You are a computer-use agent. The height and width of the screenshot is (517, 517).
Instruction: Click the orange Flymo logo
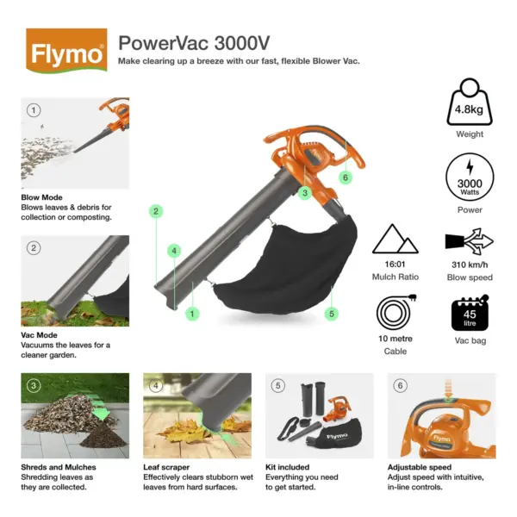[x=66, y=51]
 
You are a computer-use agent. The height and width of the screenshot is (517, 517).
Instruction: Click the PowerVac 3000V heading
[x=194, y=43]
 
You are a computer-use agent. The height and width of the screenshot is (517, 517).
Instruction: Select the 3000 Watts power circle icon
[x=470, y=177]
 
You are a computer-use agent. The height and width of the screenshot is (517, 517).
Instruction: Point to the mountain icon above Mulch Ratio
[x=395, y=239]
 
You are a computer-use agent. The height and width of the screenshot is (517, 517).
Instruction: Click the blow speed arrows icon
[x=470, y=241]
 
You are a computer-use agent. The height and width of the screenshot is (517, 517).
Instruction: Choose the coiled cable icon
[x=396, y=311]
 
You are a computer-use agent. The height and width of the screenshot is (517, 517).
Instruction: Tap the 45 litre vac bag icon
[x=470, y=313]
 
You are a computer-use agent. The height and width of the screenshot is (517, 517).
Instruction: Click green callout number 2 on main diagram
[x=156, y=211]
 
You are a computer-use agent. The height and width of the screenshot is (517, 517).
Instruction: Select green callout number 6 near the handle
[x=346, y=178]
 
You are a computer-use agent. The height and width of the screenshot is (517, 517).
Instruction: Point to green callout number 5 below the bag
[x=332, y=314]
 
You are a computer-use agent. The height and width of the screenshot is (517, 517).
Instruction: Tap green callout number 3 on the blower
[x=305, y=193]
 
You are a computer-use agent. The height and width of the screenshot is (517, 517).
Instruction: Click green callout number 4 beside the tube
[x=174, y=251]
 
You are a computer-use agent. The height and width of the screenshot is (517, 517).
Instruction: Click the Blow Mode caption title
[x=42, y=197]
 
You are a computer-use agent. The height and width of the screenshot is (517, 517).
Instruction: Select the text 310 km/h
[x=470, y=265]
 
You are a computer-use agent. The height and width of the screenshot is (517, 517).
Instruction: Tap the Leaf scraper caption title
[x=166, y=467]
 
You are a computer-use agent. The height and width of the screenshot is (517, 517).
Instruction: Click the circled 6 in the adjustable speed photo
[x=400, y=385]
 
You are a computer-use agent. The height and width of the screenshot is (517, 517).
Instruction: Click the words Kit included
[x=288, y=467]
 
